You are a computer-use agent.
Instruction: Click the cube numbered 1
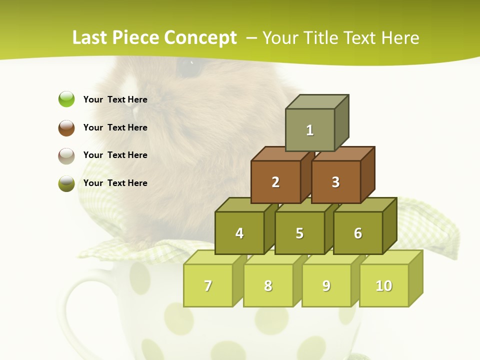310,130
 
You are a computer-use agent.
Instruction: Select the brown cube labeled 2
275,182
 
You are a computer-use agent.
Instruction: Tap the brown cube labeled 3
335,182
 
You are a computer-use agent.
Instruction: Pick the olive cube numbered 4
239,233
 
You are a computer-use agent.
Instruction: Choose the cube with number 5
299,233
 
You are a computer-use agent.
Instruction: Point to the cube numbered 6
358,233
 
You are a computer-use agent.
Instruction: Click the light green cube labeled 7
208,285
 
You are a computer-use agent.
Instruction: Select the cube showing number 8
268,285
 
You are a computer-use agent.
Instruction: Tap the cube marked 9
326,285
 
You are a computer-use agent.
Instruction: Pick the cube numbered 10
384,285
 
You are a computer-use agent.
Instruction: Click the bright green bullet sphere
66,99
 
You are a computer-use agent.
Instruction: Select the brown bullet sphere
66,127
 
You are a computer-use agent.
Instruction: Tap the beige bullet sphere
66,155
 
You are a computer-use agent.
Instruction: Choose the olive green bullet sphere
66,183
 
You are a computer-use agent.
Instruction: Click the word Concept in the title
200,38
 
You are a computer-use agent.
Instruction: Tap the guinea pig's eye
189,69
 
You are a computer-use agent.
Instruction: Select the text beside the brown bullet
115,127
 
